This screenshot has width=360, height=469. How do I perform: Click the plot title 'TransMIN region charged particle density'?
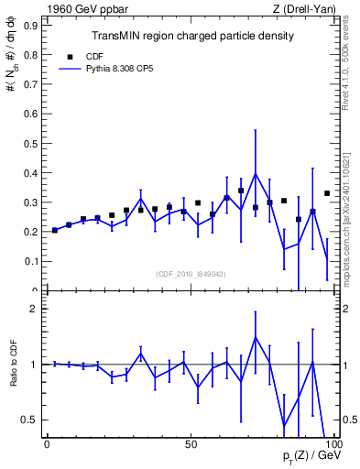[192, 36]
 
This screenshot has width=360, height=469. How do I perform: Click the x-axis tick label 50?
[191, 444]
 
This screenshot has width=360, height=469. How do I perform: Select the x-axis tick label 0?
[47, 444]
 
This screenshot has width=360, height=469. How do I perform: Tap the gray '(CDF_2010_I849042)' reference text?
[191, 272]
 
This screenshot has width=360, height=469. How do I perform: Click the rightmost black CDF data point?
[327, 193]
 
